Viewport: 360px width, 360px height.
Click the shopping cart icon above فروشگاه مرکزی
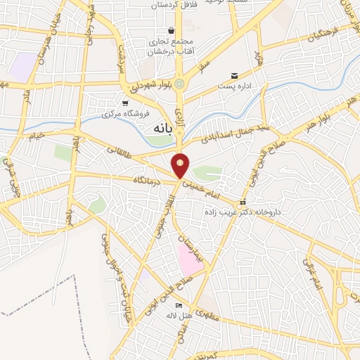[125, 103]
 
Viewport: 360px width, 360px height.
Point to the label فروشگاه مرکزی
[121, 113]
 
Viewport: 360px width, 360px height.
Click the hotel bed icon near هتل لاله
[179, 306]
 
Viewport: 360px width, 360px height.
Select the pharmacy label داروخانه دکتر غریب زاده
[243, 211]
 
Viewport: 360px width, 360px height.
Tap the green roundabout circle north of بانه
[181, 84]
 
